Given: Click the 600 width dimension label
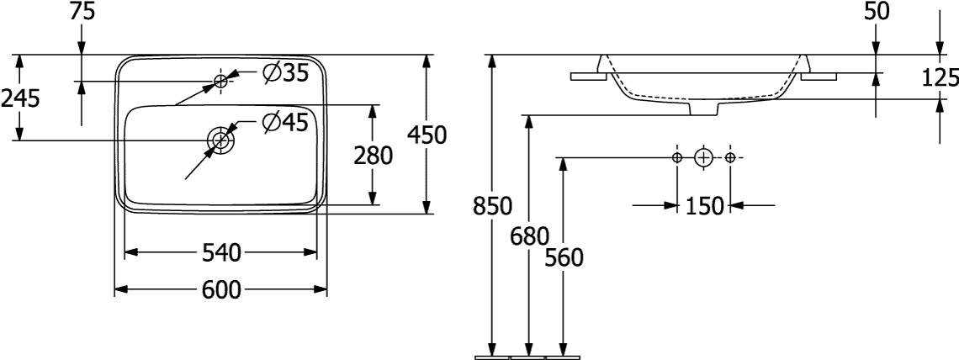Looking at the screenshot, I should (x=221, y=290).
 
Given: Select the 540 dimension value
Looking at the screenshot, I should (x=221, y=251).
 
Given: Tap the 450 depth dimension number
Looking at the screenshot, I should (x=427, y=135).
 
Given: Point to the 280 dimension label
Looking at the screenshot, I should (x=373, y=156).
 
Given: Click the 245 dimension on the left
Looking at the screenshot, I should (x=19, y=98).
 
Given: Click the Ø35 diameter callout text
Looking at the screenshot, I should (x=284, y=74).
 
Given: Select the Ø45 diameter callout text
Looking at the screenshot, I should (x=284, y=123).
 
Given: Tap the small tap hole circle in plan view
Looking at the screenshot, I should (x=221, y=81).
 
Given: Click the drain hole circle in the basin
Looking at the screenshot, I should (x=221, y=140).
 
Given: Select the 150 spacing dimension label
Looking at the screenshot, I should (x=703, y=205).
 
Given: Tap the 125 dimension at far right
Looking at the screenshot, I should (x=940, y=78).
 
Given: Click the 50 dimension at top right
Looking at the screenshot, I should (x=877, y=11).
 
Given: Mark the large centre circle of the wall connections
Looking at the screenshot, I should (x=703, y=157).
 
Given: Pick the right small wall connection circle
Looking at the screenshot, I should (x=729, y=157).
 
